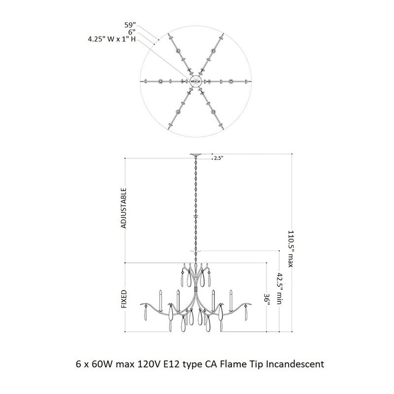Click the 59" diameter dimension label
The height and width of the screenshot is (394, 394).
[x=130, y=25]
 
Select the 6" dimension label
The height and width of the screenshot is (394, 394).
[x=132, y=32]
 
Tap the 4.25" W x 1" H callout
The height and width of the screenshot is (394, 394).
[x=112, y=39]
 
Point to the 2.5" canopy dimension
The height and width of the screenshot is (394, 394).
[x=219, y=158]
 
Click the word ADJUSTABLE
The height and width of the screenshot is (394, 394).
[x=124, y=208]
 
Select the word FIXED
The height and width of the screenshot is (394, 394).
[x=124, y=299]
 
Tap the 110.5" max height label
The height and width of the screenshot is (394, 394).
[x=291, y=249]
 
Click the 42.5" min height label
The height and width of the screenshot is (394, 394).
[x=279, y=289]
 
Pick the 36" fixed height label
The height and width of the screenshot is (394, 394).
[x=267, y=300]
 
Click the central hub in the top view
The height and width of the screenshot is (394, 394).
[x=196, y=81]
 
